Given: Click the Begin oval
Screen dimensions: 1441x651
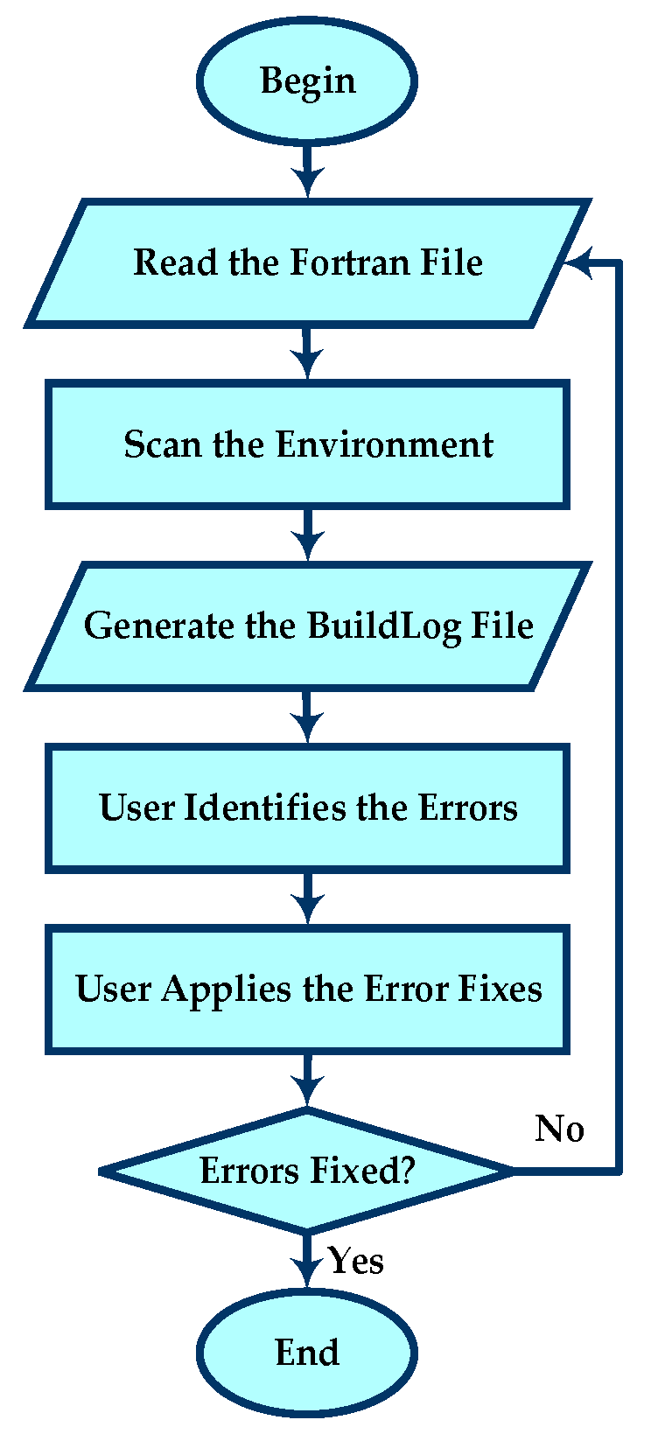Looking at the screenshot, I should tap(307, 80).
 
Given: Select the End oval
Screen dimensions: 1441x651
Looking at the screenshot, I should tap(307, 1352).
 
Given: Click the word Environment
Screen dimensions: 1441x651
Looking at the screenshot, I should tap(385, 444).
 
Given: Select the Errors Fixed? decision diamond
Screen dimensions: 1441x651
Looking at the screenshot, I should tap(307, 1171).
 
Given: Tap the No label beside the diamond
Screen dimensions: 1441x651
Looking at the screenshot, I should tap(560, 1129).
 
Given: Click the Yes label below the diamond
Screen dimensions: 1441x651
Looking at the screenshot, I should tap(356, 1261).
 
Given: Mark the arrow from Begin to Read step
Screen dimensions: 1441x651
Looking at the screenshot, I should tap(307, 171).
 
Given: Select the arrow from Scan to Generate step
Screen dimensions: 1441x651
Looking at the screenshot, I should tap(307, 535).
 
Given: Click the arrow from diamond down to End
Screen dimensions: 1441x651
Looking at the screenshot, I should tap(307, 1260).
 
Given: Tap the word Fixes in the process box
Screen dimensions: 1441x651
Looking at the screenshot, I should tap(500, 990).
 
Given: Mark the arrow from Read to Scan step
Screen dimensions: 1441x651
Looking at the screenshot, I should tap(307, 353).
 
